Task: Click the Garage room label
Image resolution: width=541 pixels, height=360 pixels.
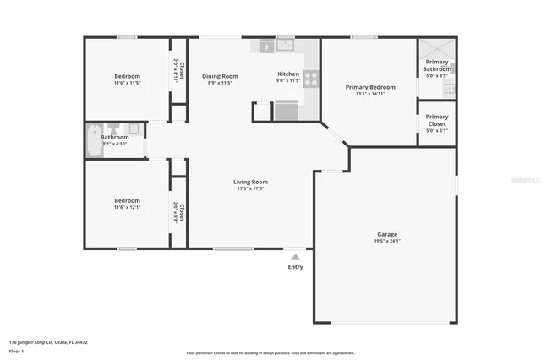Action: tap(386, 234)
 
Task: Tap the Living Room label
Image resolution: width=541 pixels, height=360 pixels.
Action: tap(250, 182)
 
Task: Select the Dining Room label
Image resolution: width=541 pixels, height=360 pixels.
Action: tap(218, 76)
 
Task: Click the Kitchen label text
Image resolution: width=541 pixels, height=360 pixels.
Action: tap(288, 74)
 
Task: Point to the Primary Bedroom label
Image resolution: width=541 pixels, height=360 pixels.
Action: tap(369, 87)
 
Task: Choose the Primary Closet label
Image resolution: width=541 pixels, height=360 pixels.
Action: tap(437, 120)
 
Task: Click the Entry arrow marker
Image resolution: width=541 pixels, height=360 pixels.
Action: tap(295, 256)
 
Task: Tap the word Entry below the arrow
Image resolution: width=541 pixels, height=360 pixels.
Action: tap(295, 266)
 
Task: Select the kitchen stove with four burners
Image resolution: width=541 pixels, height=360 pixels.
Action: tap(310, 79)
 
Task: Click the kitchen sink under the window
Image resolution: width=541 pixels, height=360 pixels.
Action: tap(285, 46)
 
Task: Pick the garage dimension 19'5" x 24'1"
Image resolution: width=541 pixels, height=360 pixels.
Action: tap(386, 241)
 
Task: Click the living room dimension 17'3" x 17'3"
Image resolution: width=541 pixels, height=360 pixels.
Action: tap(250, 188)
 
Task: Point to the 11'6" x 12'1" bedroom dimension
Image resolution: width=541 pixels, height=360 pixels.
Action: tap(127, 207)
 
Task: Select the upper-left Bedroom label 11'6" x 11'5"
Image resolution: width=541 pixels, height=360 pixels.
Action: tap(127, 76)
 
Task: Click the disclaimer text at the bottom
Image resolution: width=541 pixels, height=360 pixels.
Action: tap(270, 352)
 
